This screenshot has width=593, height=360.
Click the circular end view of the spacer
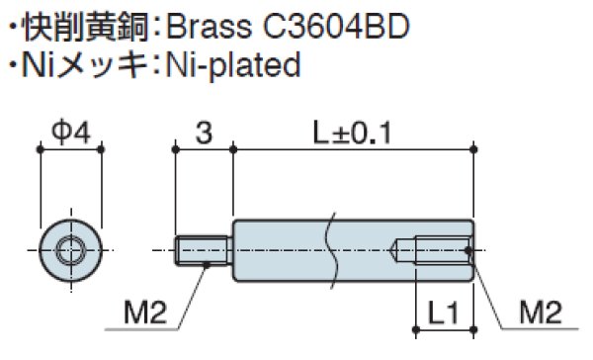(x=70, y=250)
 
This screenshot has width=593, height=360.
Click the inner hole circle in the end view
(x=70, y=250)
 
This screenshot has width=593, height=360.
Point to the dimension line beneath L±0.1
(x=352, y=148)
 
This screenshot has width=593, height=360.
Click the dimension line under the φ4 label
(x=70, y=148)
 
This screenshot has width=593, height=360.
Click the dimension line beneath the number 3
(x=203, y=148)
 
